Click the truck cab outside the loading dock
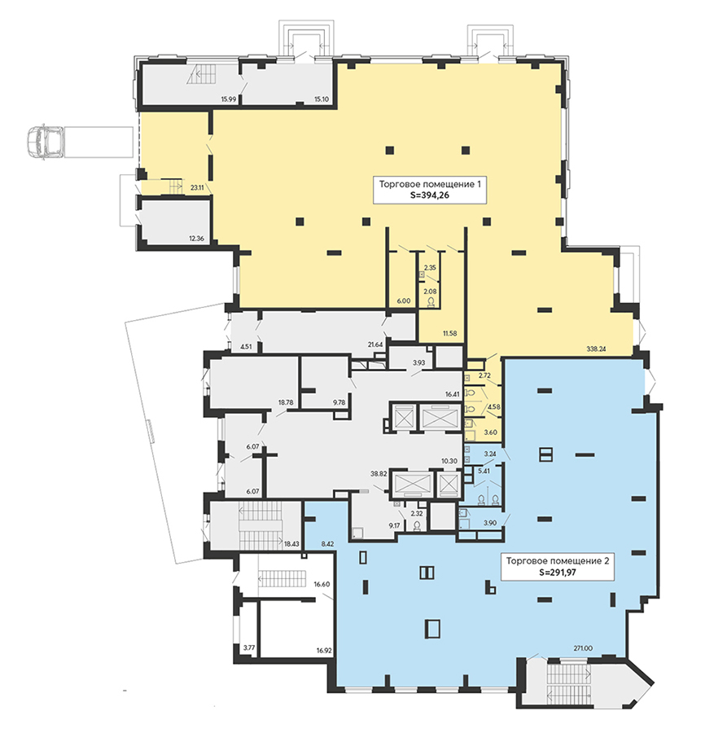[45, 143]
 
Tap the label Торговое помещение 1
[430, 184]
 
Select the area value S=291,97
[558, 572]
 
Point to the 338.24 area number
[596, 349]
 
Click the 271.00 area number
[583, 648]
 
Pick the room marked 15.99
[229, 99]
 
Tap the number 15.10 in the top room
[322, 99]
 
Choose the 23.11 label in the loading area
[197, 188]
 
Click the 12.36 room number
[196, 239]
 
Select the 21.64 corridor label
[375, 345]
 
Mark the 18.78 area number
[286, 402]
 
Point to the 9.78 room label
[339, 402]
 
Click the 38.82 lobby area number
[379, 473]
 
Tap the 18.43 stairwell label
[291, 544]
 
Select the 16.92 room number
[324, 650]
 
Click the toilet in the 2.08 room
[431, 302]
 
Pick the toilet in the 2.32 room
[417, 526]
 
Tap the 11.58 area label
[449, 333]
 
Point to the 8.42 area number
[327, 544]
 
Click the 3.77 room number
[249, 647]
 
